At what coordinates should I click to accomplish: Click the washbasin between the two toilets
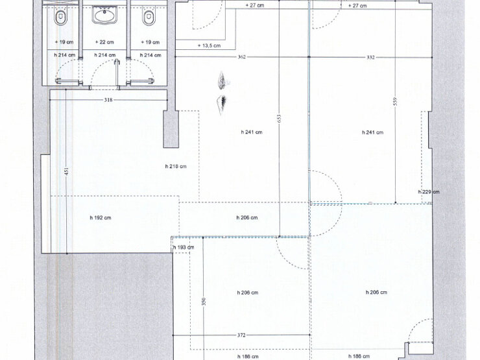point(104,16)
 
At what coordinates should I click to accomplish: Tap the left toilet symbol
point(60,18)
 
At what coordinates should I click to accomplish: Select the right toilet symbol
point(149,18)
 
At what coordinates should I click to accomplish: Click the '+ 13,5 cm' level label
point(209,45)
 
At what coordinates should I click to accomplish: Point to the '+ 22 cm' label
point(104,42)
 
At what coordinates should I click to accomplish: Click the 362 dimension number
point(242,57)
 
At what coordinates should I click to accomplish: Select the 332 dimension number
point(370,57)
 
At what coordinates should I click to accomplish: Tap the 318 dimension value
point(108,100)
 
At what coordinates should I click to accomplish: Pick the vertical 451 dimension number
point(67,171)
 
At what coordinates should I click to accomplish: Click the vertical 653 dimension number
point(279,119)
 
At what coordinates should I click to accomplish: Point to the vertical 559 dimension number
point(395,101)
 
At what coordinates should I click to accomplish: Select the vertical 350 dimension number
point(204,302)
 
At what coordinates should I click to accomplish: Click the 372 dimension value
point(241,335)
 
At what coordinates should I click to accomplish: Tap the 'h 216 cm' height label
point(176,166)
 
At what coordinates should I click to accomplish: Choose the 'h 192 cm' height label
point(101,218)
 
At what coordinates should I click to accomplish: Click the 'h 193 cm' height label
point(184,247)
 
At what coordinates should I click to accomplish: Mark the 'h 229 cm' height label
point(429,192)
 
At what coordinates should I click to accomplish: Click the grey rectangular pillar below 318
point(171,129)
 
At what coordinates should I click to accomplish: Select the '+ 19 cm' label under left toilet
point(64,42)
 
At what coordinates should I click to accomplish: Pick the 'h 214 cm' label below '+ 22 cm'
point(104,55)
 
